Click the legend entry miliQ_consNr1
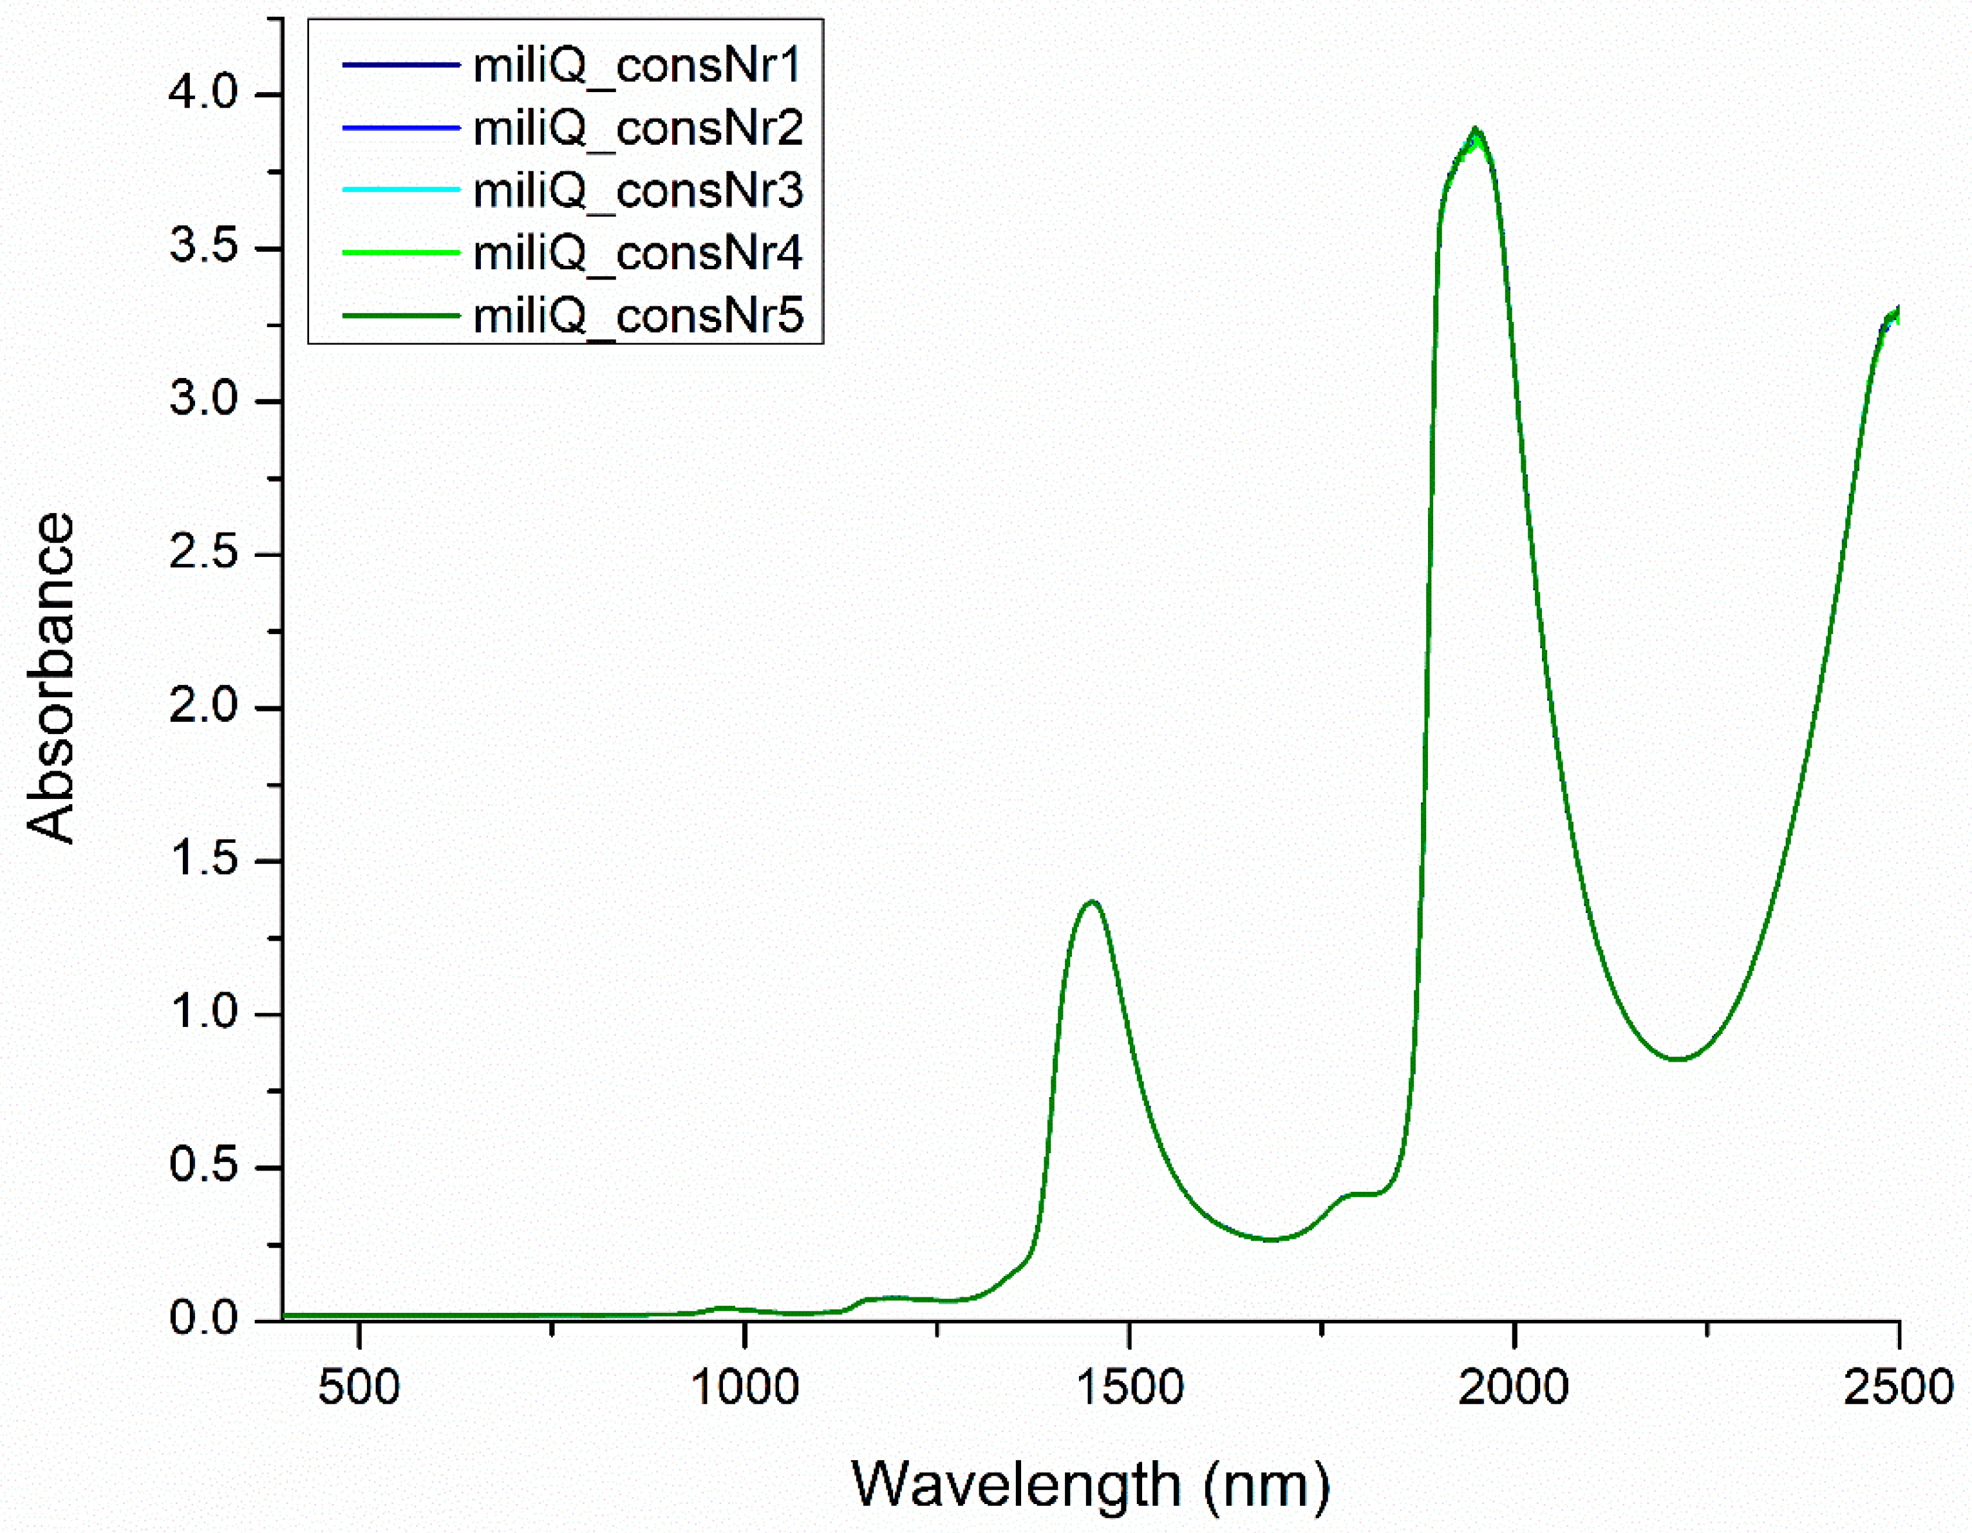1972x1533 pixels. click(x=637, y=66)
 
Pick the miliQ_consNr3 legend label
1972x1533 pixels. click(x=637, y=191)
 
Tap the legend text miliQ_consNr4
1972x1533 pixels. click(x=637, y=254)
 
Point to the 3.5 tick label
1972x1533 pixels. click(x=203, y=247)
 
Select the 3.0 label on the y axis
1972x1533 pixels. click(x=203, y=400)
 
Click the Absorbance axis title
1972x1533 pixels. click(x=51, y=677)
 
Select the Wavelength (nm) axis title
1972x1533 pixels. click(x=1091, y=1484)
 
